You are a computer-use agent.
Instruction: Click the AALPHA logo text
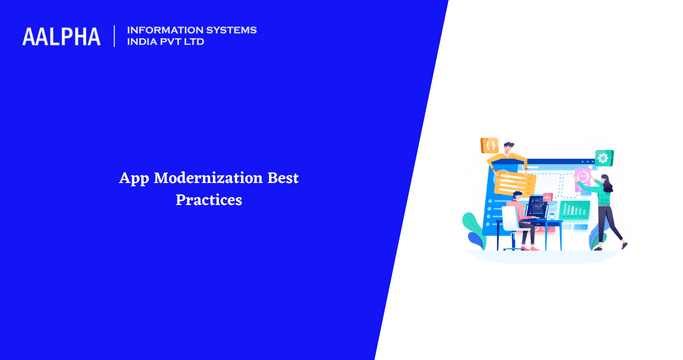click(x=62, y=37)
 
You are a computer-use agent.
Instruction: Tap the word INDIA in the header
click(x=144, y=43)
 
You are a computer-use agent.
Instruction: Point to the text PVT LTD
click(x=189, y=43)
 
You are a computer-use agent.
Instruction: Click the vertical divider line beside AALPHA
click(x=115, y=37)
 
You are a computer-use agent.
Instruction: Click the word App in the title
click(x=132, y=179)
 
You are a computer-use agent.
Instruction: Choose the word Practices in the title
click(x=209, y=200)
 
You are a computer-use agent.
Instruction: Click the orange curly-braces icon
click(x=490, y=145)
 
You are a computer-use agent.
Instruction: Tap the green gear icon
click(x=603, y=157)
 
